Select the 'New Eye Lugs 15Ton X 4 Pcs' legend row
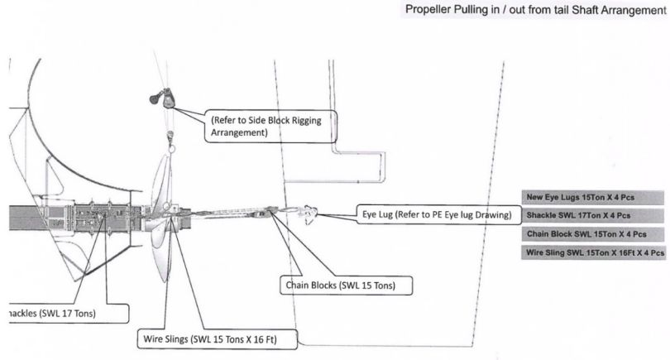pyautogui.click(x=592, y=197)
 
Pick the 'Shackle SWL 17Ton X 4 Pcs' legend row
pyautogui.click(x=592, y=215)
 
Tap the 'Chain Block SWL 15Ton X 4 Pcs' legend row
pyautogui.click(x=592, y=233)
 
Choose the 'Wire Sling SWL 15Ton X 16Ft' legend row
pyautogui.click(x=592, y=252)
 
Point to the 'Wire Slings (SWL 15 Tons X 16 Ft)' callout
pyautogui.click(x=216, y=339)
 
